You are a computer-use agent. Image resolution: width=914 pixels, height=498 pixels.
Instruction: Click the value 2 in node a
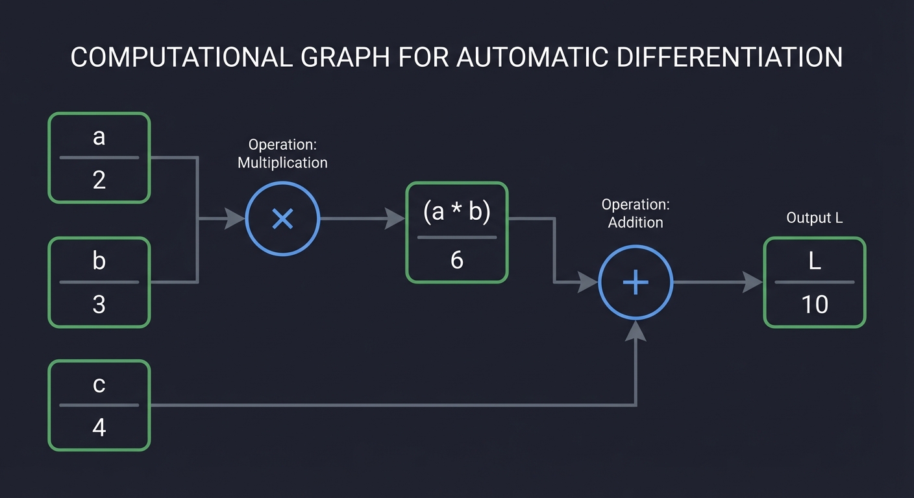(x=99, y=180)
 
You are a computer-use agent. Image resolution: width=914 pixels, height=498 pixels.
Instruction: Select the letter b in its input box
(x=99, y=261)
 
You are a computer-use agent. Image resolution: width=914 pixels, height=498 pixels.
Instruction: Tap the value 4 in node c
(x=99, y=427)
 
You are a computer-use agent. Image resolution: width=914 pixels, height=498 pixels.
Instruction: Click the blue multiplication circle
(x=282, y=219)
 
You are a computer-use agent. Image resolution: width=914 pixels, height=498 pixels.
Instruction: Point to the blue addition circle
(x=636, y=283)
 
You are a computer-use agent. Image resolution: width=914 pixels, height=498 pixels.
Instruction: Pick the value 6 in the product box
(x=456, y=260)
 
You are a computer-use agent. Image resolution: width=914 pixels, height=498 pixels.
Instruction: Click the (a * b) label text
(x=456, y=211)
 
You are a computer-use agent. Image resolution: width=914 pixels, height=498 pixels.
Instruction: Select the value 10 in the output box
(x=815, y=303)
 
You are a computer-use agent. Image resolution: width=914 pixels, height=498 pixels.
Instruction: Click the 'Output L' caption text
(x=814, y=218)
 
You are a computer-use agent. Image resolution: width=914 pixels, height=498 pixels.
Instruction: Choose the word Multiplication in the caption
(x=282, y=162)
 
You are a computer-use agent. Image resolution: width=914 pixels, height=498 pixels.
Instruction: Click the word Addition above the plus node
(x=636, y=222)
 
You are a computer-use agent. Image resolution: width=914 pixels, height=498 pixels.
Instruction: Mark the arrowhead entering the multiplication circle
(x=236, y=219)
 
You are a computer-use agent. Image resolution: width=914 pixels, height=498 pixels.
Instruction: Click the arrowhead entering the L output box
(x=753, y=283)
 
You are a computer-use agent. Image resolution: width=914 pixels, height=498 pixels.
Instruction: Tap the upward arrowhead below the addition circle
(x=636, y=330)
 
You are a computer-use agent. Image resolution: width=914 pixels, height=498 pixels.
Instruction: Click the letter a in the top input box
(x=99, y=137)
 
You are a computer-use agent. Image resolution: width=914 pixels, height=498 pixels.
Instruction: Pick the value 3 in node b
(x=99, y=303)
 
